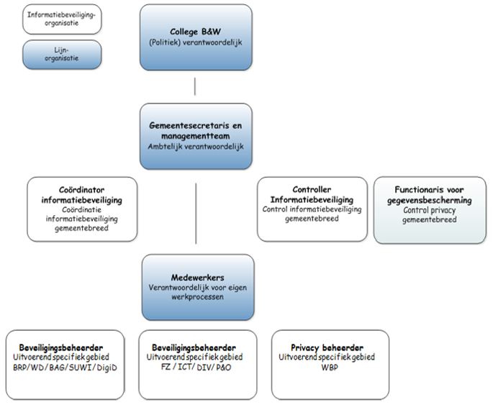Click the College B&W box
(x=196, y=37)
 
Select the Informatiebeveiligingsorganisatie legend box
(x=51, y=19)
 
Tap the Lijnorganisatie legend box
(x=51, y=55)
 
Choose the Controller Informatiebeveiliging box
(x=311, y=209)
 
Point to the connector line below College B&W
(x=196, y=86)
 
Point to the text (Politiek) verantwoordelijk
(x=196, y=42)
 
